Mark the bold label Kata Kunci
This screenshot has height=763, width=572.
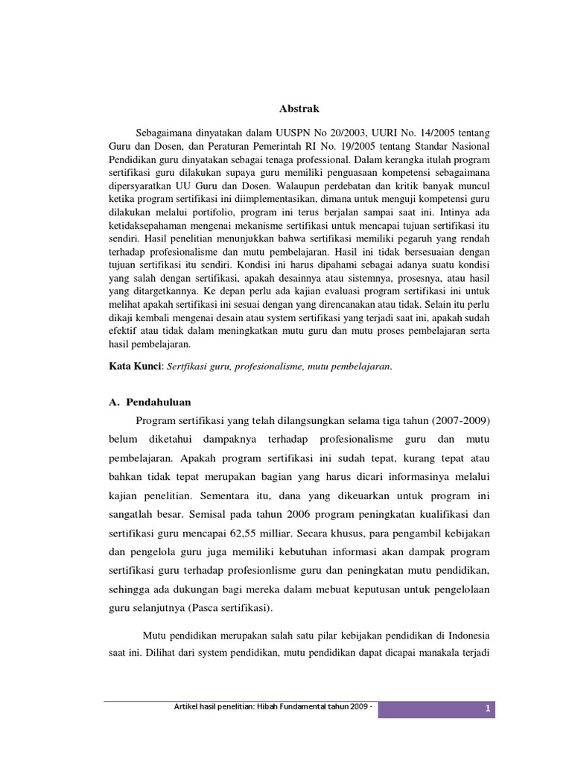point(129,367)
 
